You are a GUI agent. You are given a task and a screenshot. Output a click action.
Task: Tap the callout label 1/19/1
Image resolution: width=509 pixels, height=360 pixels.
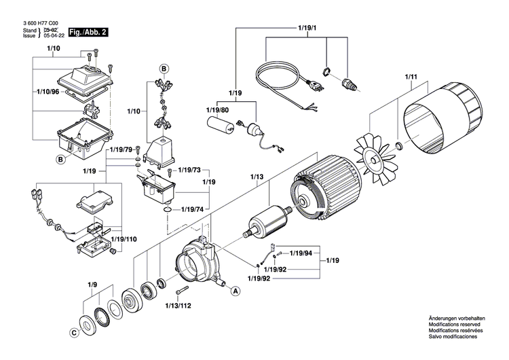307,27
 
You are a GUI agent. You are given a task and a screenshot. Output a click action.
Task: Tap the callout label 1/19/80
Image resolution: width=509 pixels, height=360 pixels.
217,109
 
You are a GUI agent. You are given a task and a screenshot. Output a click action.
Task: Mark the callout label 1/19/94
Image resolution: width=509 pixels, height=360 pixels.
301,253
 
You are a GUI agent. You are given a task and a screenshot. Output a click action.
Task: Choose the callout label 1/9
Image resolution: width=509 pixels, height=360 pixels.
92,284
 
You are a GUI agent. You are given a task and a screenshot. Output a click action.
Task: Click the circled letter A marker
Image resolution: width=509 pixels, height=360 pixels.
235,291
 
